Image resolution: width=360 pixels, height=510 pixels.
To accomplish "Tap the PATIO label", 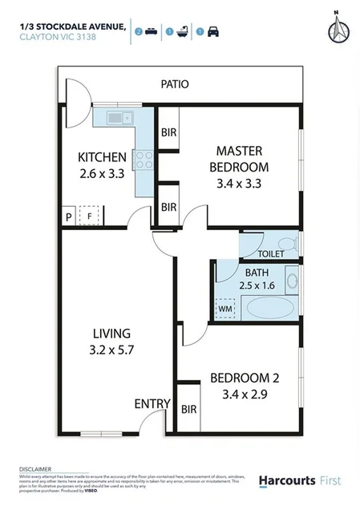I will click(175, 83).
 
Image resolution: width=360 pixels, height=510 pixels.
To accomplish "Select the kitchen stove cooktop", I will click(144, 160).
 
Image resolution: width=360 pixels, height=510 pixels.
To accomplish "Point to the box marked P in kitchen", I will click(69, 217).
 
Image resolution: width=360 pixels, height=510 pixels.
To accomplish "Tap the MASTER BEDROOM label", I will click(238, 159).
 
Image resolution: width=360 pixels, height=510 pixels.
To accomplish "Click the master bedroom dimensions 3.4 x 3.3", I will click(238, 183).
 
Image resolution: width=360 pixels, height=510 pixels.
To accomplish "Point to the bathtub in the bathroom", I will click(269, 309).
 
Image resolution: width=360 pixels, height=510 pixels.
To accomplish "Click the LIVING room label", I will click(111, 333).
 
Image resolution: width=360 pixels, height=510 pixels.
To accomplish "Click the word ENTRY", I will click(152, 403).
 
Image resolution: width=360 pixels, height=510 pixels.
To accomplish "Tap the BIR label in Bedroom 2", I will click(188, 409).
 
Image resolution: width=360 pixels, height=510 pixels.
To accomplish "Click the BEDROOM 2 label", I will click(239, 378).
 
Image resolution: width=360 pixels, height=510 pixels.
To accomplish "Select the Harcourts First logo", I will click(299, 480).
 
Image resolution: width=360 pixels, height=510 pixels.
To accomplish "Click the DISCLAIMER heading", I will click(35, 467).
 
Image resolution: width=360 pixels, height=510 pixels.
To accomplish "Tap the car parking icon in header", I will click(213, 31).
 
